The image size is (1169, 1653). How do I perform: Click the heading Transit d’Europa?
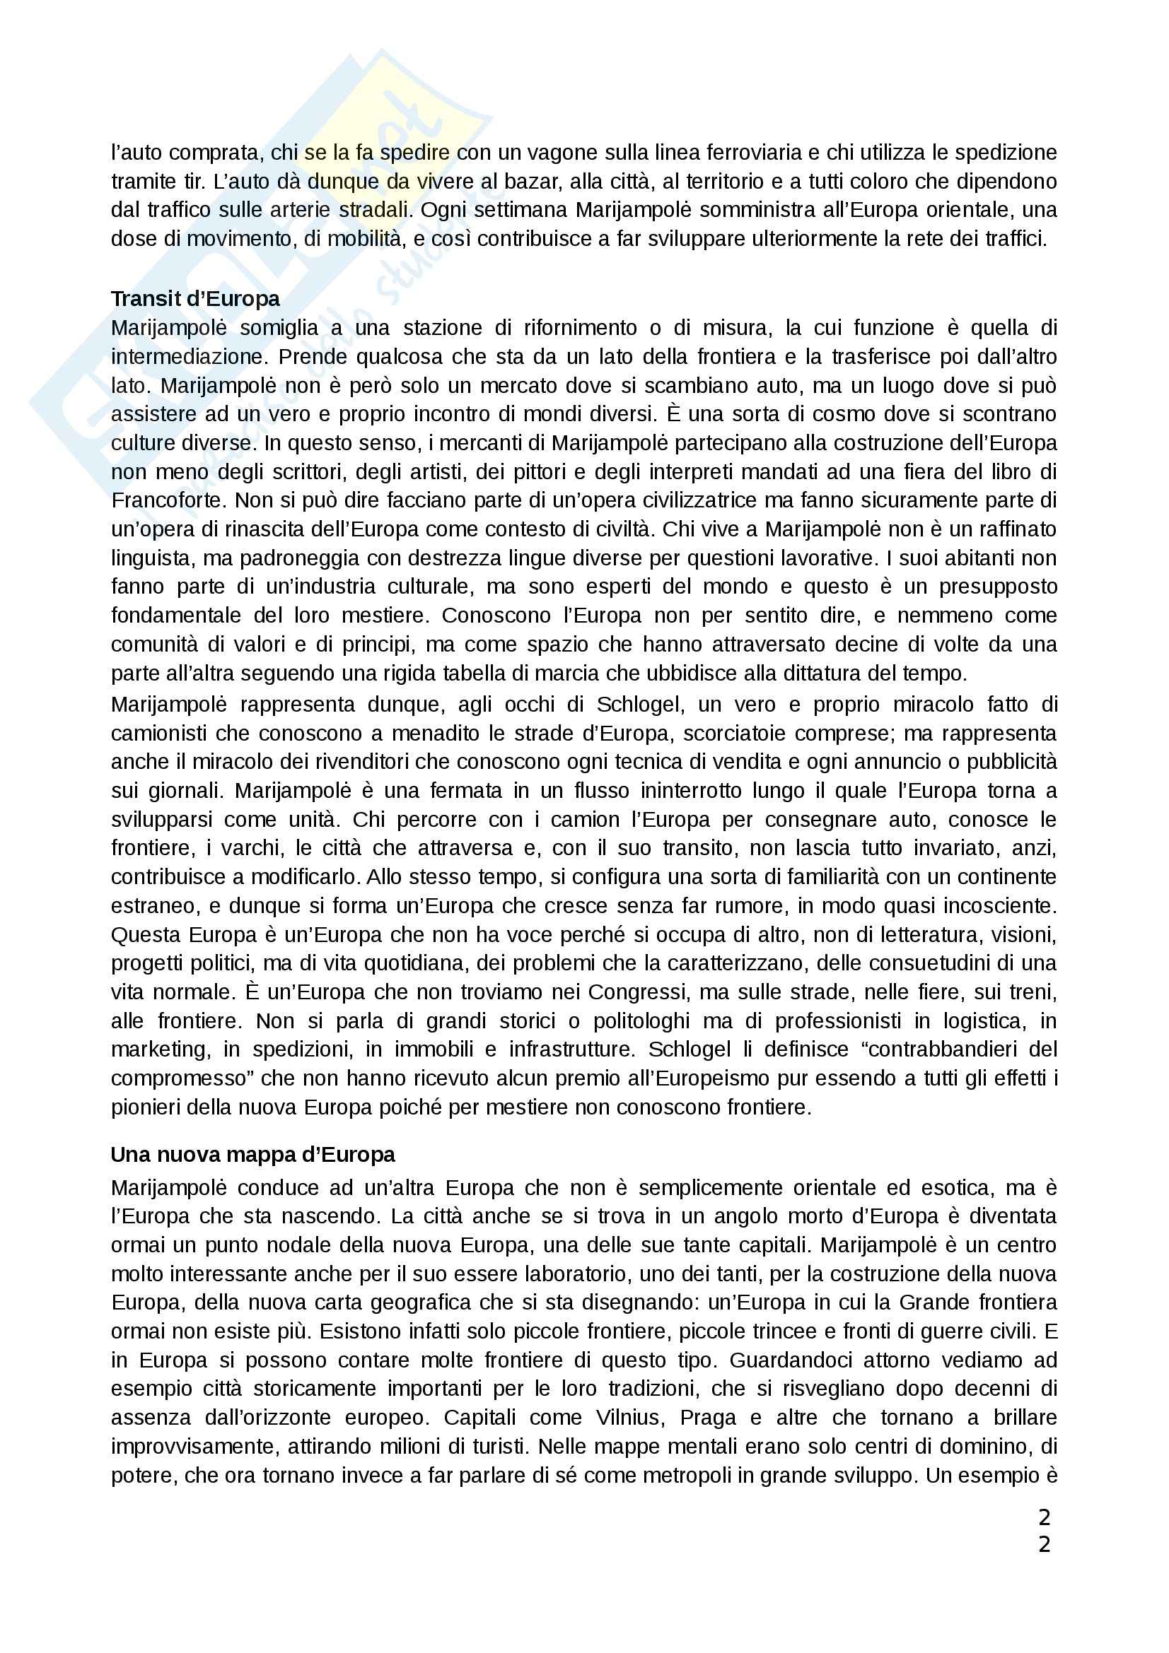195,299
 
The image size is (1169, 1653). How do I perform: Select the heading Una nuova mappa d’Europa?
252,1155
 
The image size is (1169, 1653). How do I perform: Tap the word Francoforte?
168,500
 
